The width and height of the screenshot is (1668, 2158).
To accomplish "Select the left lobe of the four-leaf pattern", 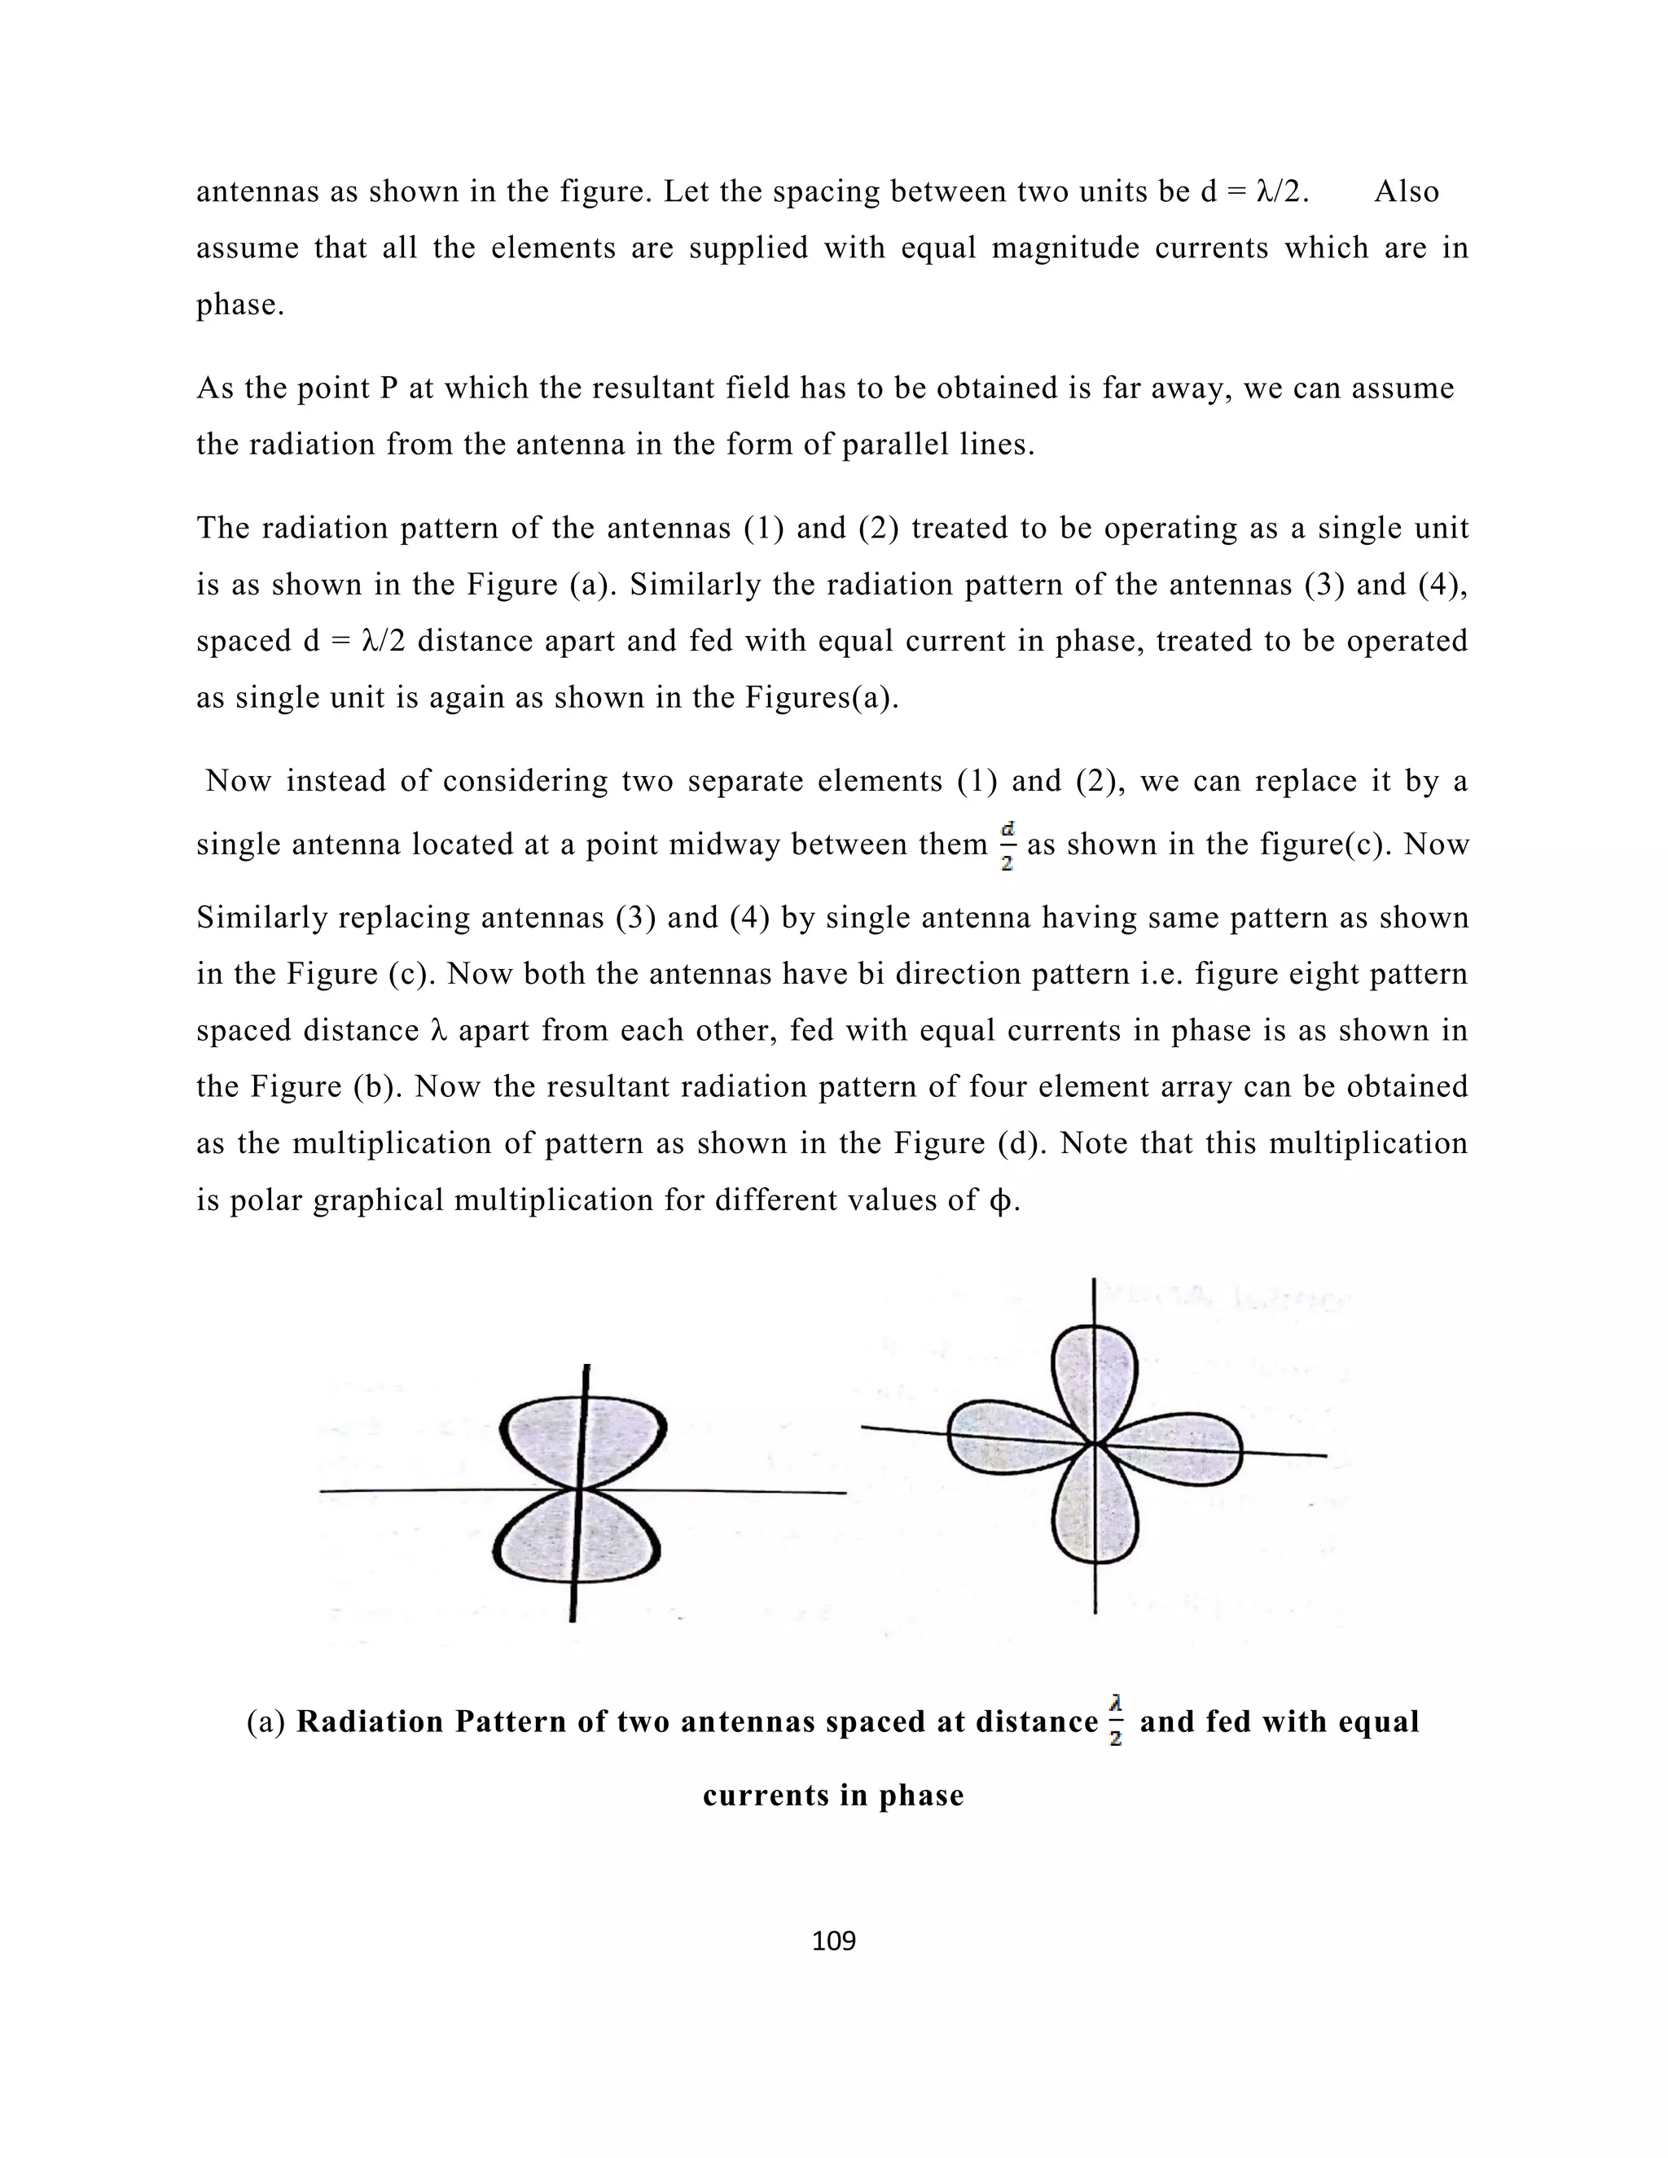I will (x=1008, y=1437).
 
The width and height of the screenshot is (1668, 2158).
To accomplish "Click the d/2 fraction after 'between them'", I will (x=1007, y=846).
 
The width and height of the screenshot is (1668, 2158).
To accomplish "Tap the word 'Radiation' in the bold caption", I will (x=370, y=1722).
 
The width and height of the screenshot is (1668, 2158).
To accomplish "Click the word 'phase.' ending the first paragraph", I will (x=240, y=305).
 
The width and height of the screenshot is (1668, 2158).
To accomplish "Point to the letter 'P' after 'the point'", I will (x=388, y=388).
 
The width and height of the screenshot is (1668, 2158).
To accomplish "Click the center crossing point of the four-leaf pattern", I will (x=1094, y=1444).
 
